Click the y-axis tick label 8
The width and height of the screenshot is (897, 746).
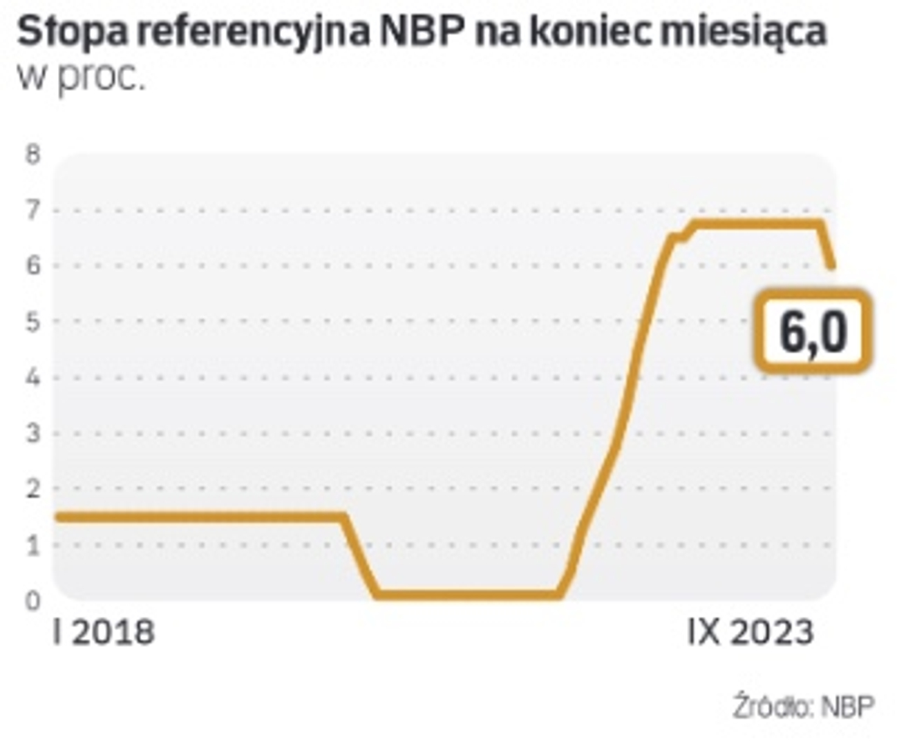point(32,154)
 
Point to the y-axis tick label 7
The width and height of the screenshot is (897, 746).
point(32,210)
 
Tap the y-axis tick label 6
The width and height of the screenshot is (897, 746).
point(32,266)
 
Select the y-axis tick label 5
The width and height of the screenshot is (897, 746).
point(32,322)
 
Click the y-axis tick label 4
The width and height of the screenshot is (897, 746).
point(32,378)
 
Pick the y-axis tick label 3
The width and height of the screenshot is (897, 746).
point(32,434)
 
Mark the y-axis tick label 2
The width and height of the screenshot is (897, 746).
point(32,489)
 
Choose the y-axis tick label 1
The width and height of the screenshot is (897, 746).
point(32,545)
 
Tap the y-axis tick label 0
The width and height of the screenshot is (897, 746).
point(32,600)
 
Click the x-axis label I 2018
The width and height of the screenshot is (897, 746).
point(104,632)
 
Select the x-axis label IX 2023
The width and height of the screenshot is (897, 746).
point(750,632)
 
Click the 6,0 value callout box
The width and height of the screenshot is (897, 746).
point(813,332)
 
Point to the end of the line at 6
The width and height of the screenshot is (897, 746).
point(833,267)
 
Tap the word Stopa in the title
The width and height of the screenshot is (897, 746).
point(62,33)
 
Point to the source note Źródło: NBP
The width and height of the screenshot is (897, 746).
point(804,707)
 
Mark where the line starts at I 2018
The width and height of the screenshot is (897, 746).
point(58,517)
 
